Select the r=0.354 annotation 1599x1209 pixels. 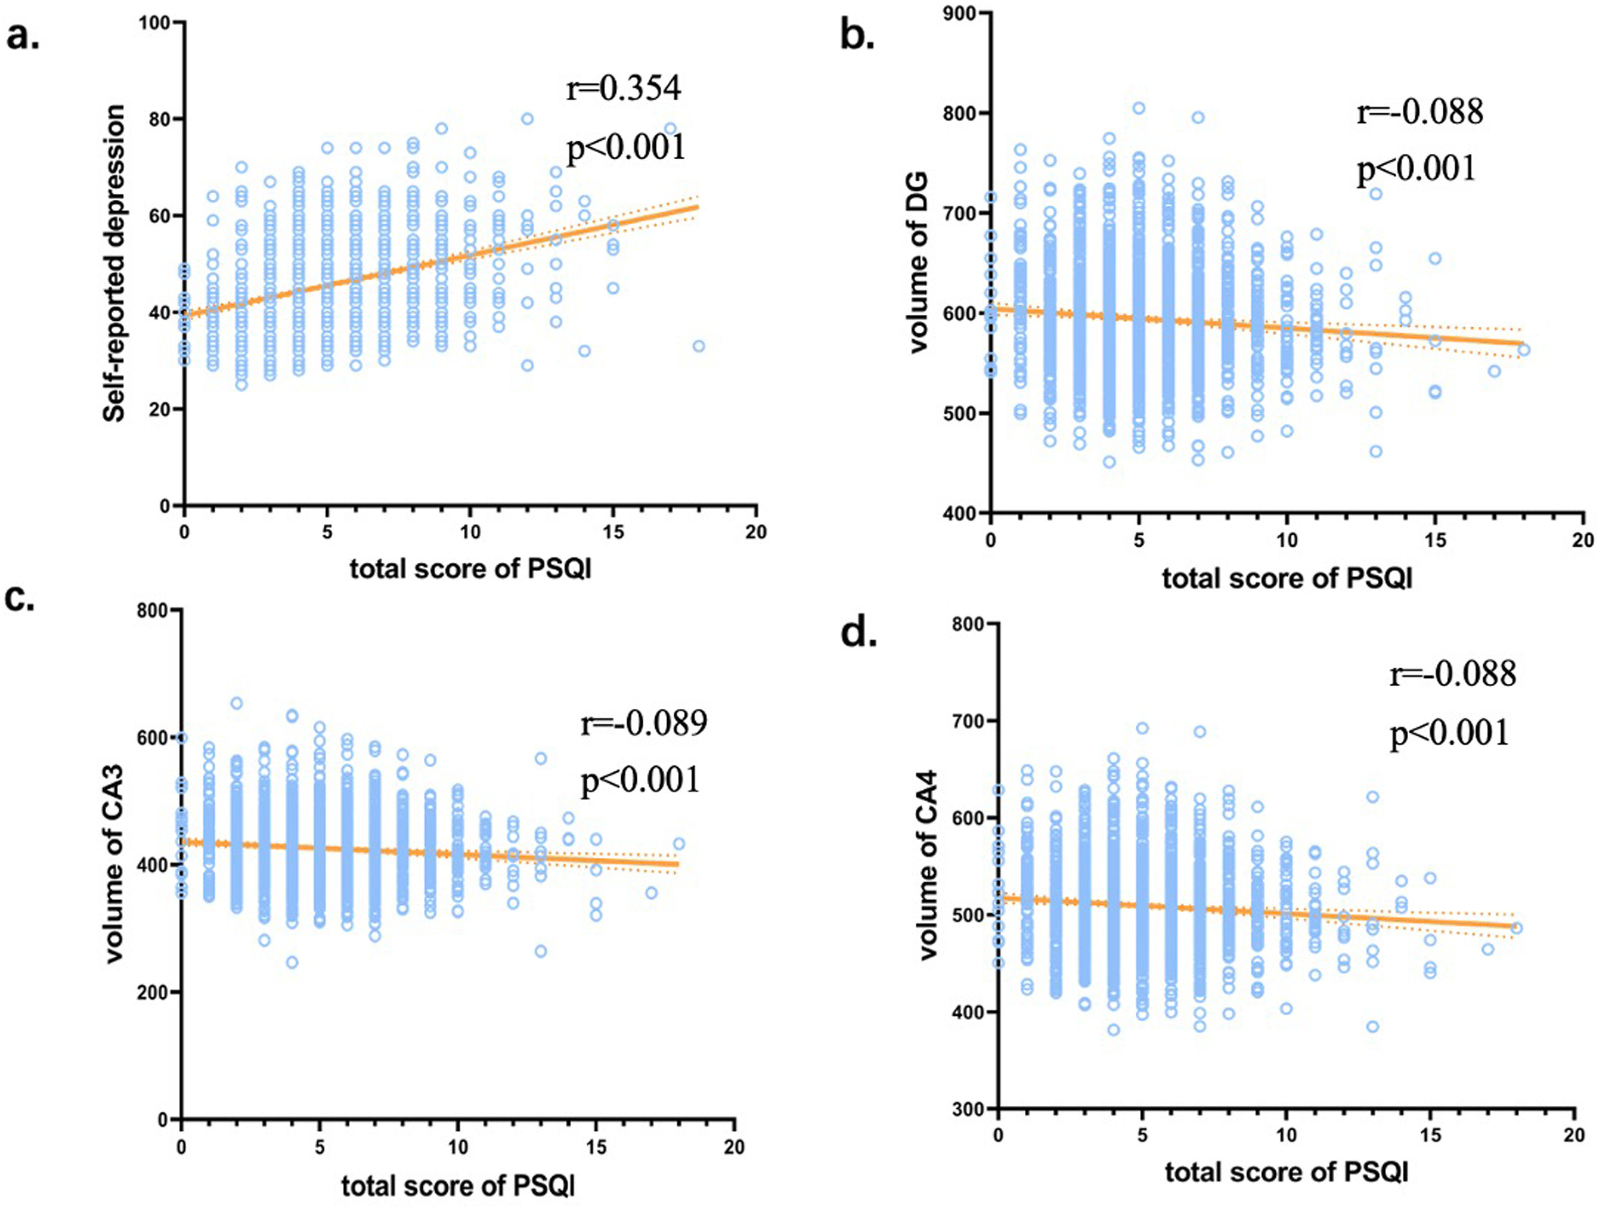[623, 89]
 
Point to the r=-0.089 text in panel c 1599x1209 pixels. [643, 723]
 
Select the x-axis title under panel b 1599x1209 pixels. [1287, 579]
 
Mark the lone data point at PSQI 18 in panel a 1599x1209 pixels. [698, 346]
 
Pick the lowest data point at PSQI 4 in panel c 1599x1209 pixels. [292, 962]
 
